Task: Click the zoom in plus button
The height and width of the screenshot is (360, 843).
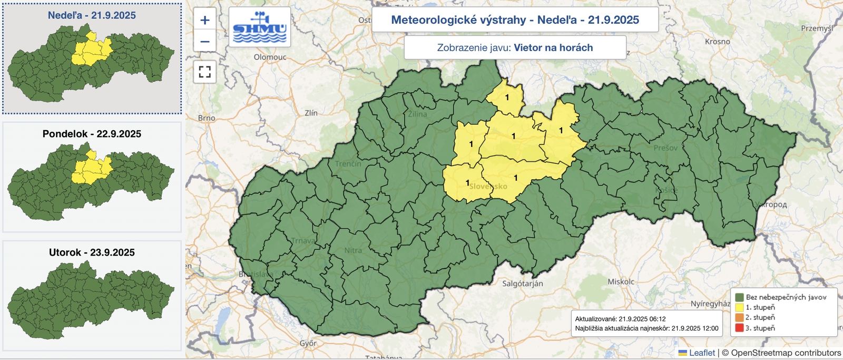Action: (205, 21)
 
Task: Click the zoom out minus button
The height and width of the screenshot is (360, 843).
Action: (205, 41)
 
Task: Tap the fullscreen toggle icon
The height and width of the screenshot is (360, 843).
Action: (205, 72)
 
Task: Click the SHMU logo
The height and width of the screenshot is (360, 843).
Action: (260, 27)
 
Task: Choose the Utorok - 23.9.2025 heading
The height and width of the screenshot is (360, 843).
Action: (92, 252)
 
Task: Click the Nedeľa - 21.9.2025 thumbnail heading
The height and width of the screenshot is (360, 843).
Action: (92, 15)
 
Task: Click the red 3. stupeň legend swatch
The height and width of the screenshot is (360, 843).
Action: (739, 328)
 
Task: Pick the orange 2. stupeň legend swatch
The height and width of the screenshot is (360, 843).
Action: (739, 317)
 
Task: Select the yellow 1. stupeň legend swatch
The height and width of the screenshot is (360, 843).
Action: (739, 307)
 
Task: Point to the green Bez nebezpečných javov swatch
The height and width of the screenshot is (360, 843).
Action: (739, 297)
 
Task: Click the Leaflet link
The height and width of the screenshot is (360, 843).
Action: (702, 353)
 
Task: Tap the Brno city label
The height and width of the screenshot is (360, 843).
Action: (207, 118)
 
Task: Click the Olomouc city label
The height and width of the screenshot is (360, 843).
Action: (270, 57)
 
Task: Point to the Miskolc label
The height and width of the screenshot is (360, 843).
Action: (621, 281)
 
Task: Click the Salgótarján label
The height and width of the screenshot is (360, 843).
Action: (522, 284)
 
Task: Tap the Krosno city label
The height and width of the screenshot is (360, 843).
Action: (717, 42)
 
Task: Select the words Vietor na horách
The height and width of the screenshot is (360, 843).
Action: (553, 47)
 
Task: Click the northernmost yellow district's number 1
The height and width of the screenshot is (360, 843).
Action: (507, 98)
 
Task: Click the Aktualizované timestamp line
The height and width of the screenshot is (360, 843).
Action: (620, 319)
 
